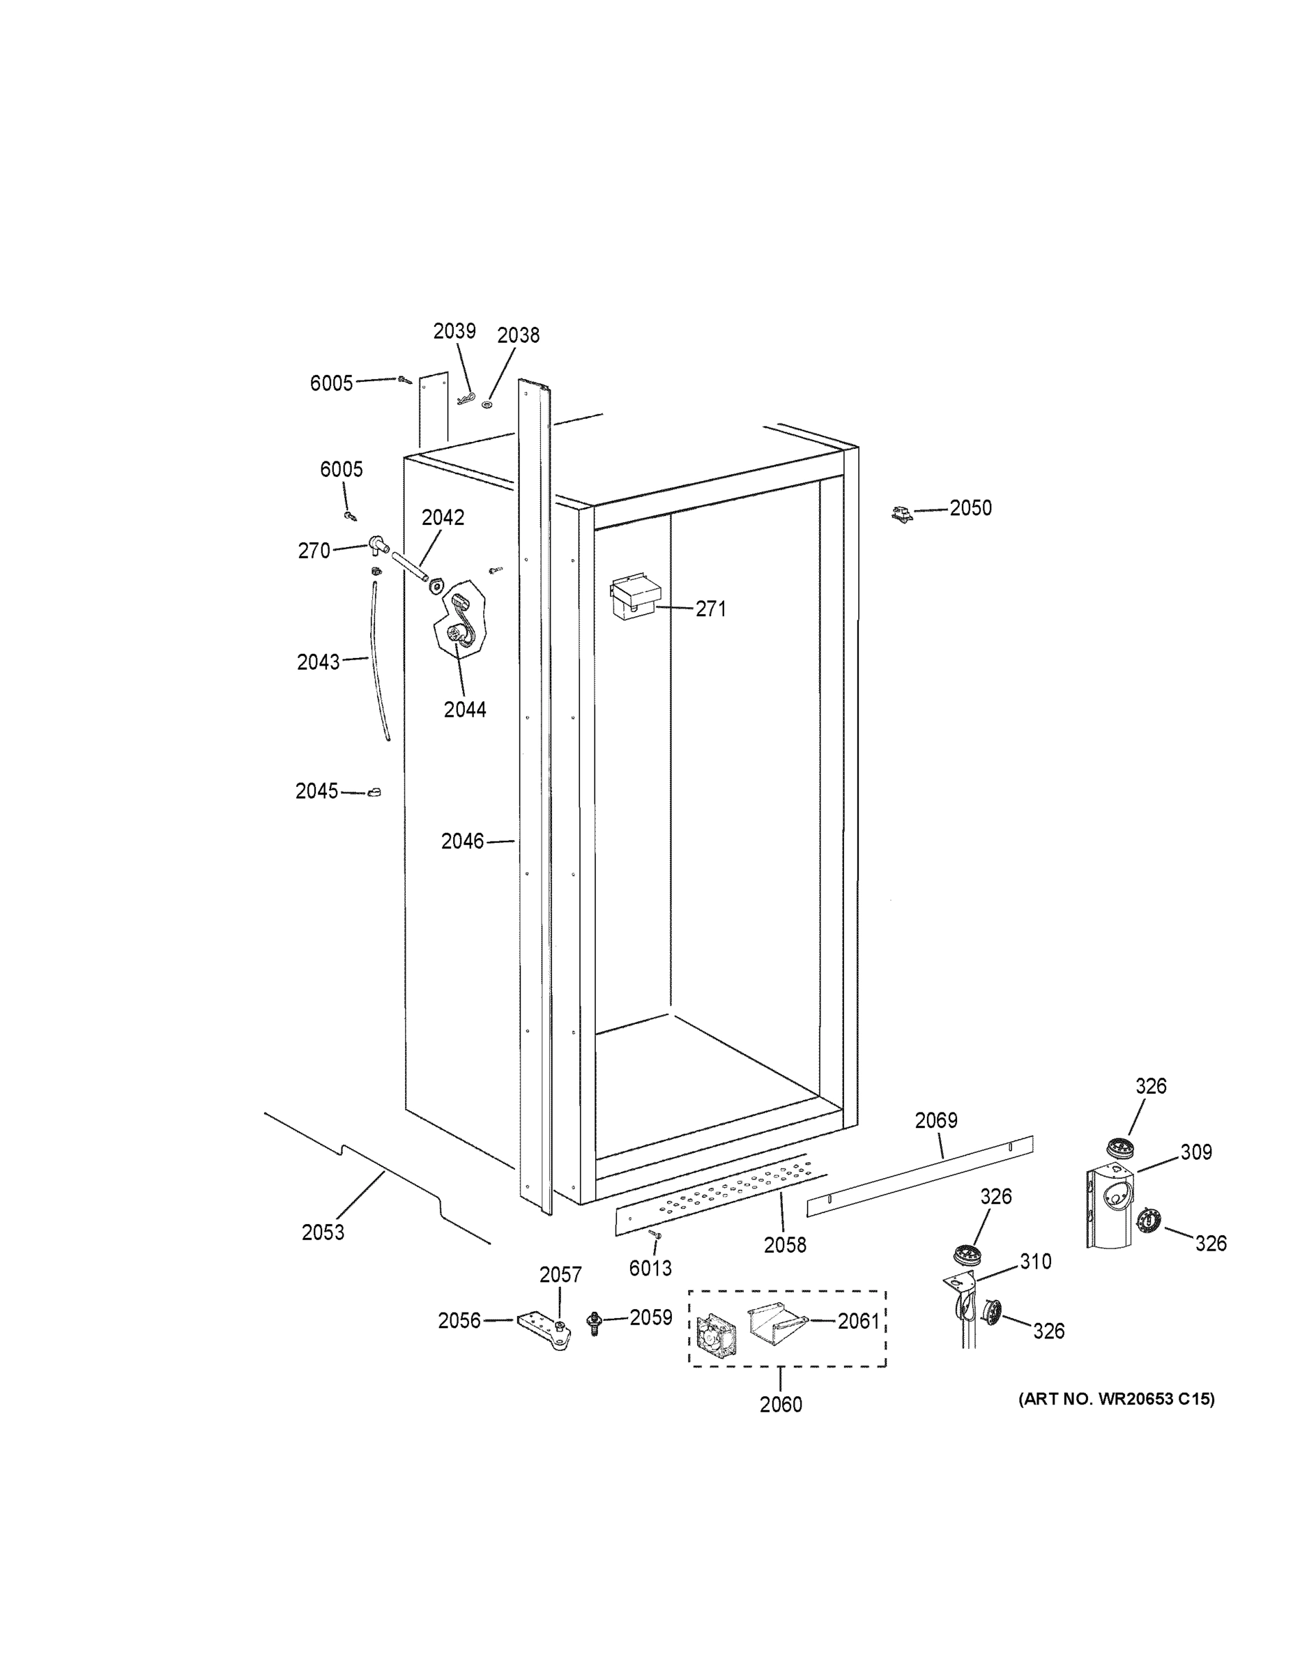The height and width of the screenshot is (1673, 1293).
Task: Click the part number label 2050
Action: pos(970,508)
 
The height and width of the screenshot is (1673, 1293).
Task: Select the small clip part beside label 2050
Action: pos(903,514)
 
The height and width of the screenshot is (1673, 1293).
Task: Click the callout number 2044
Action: pos(465,710)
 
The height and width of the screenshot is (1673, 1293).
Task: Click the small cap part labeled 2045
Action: pos(374,791)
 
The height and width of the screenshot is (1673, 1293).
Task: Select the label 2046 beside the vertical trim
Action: pos(462,841)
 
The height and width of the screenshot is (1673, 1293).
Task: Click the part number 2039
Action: pos(454,331)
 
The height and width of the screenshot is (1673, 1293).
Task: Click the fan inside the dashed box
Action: pos(715,1334)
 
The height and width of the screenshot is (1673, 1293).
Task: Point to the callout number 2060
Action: pos(781,1404)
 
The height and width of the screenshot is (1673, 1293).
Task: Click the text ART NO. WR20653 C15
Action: pos(1116,1399)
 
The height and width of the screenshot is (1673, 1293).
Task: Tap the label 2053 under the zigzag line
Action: pos(323,1232)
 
